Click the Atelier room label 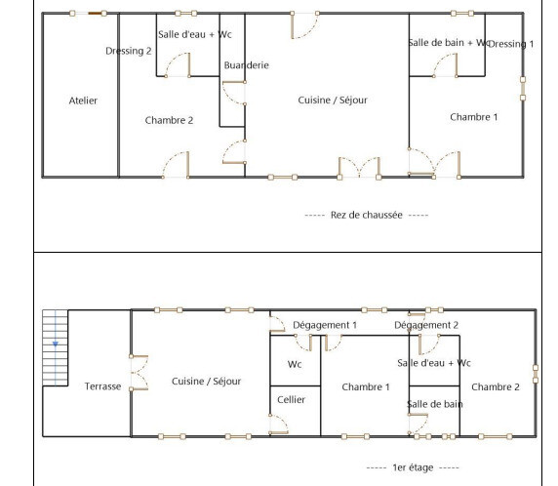[x=83, y=101]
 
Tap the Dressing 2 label [x=129, y=51]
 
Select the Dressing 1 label [x=511, y=44]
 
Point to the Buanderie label [x=246, y=65]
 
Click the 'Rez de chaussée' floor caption [x=367, y=215]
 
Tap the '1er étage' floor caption [x=413, y=467]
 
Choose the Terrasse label [x=102, y=386]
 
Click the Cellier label [x=291, y=400]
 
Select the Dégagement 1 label [x=325, y=325]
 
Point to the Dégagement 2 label [x=426, y=325]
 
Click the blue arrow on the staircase [x=56, y=344]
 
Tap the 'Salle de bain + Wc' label [x=450, y=43]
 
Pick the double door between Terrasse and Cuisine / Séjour [x=139, y=373]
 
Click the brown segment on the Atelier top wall [x=95, y=14]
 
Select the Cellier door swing [x=278, y=425]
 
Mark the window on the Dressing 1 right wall [x=523, y=88]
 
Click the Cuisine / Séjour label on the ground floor [x=333, y=101]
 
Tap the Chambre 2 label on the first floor [x=496, y=387]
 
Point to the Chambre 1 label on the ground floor [x=474, y=117]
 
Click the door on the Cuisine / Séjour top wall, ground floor [x=304, y=25]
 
